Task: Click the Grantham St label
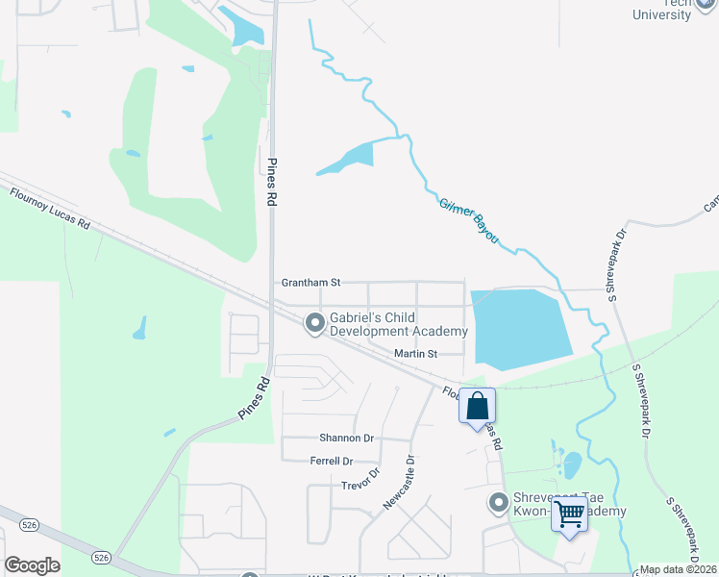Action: (x=310, y=283)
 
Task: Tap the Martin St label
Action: (x=415, y=354)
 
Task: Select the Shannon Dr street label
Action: (x=346, y=438)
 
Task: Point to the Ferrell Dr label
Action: (x=332, y=462)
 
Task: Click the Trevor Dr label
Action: (x=361, y=478)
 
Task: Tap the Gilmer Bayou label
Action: (x=469, y=219)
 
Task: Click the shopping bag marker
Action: (x=477, y=407)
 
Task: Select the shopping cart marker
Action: (x=570, y=514)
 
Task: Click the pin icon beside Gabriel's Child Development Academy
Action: (x=314, y=324)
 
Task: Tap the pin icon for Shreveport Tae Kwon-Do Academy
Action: (x=498, y=502)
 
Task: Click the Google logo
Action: (x=32, y=564)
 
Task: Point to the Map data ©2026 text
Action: (x=678, y=569)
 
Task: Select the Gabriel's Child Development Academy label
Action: (x=399, y=324)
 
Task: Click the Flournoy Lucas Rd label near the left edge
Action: (x=50, y=208)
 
